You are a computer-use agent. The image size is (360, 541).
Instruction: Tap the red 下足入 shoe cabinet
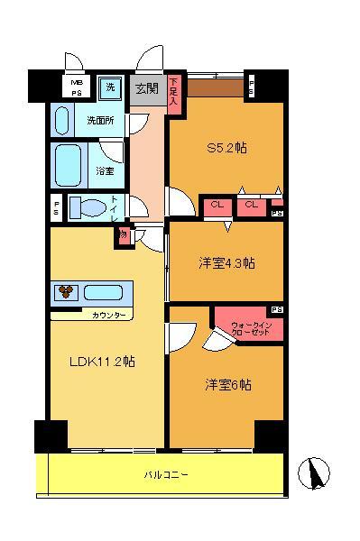coord(177,93)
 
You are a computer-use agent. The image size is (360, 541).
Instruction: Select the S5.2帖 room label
coord(226,149)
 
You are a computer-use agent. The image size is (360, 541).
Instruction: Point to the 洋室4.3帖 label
coord(226,263)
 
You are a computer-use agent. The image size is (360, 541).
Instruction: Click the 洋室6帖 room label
coord(226,385)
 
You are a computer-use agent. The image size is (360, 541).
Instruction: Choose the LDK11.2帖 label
coord(103,362)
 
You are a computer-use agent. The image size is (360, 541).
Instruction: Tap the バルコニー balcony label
coord(165,473)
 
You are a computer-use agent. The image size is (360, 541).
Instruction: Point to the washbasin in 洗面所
coord(62,119)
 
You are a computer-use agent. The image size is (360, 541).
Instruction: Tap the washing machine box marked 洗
coord(110,87)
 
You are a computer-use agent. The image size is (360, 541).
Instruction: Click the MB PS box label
coord(76,87)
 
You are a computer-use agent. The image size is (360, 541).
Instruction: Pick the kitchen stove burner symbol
coord(66,292)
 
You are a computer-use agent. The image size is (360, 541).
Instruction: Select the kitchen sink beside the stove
coord(107,292)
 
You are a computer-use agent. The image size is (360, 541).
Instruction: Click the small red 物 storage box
coord(122,235)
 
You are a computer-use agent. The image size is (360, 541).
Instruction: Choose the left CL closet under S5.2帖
coord(217,206)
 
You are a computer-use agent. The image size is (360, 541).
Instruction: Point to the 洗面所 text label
coord(99,119)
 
